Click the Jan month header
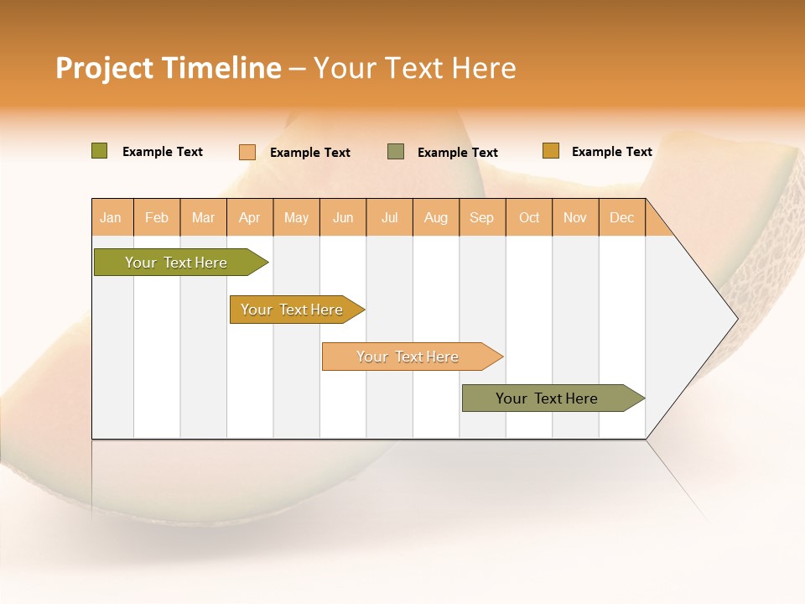coord(111,218)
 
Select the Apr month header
coord(250,218)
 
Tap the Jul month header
coord(390,218)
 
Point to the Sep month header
coord(482,218)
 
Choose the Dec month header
coord(621,218)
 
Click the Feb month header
coord(157,218)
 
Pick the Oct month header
coord(529,218)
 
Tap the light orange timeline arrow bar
coord(408,357)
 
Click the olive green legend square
coord(100,151)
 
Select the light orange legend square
coord(247,152)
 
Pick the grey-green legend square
coord(396,152)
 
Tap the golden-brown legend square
coord(551,151)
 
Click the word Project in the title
coord(104,68)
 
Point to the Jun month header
coord(343,218)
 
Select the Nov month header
coord(575,218)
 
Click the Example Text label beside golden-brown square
coord(611,152)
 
